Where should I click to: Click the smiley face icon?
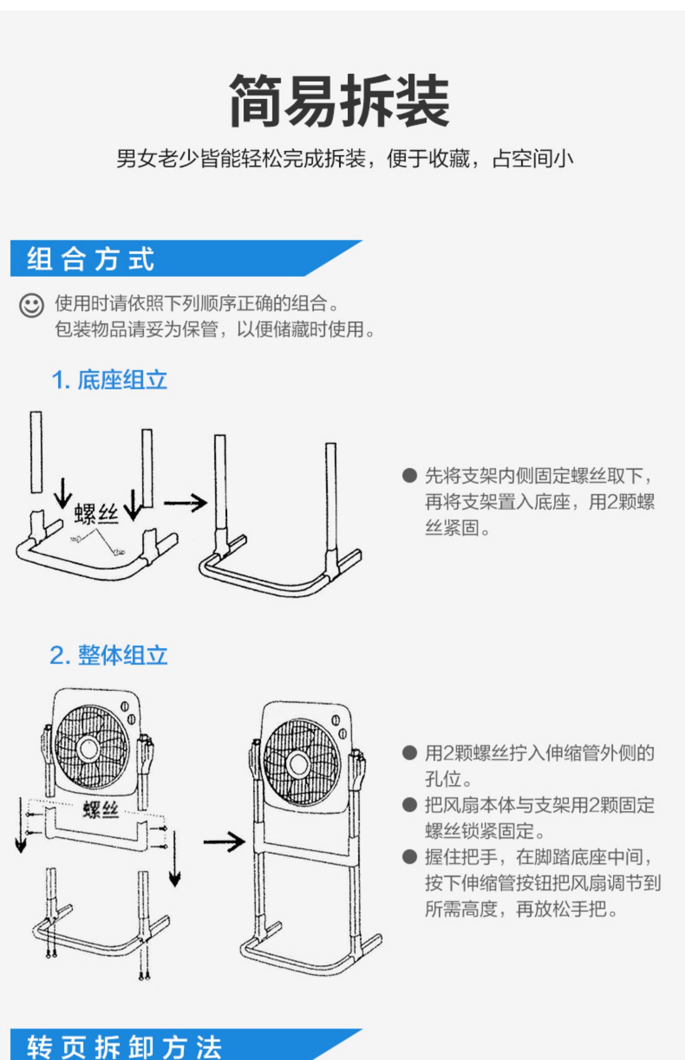32,305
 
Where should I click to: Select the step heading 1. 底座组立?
109,380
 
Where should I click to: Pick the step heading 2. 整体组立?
109,656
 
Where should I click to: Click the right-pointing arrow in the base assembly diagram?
185,503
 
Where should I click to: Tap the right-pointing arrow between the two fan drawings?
224,842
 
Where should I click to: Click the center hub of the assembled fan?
299,765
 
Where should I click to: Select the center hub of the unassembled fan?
88,749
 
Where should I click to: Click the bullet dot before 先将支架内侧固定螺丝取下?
410,475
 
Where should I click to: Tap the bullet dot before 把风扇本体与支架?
410,805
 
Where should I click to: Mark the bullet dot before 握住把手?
410,857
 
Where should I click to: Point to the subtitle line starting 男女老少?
345,159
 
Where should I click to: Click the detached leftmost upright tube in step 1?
36,452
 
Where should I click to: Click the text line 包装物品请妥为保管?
215,329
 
